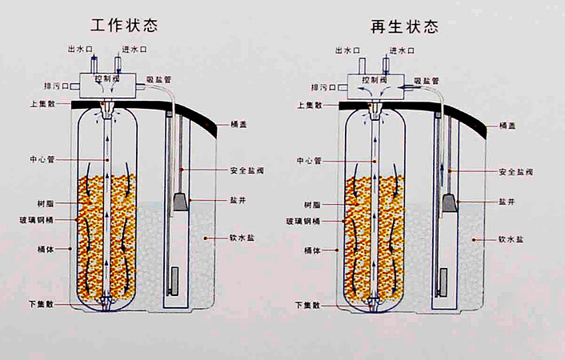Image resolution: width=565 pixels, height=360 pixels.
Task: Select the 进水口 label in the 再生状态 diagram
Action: pyautogui.click(x=402, y=50)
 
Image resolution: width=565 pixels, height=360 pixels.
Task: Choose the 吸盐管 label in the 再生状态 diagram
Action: pyautogui.click(x=428, y=80)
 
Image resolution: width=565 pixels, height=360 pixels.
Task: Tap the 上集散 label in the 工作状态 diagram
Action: pyautogui.click(x=41, y=105)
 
